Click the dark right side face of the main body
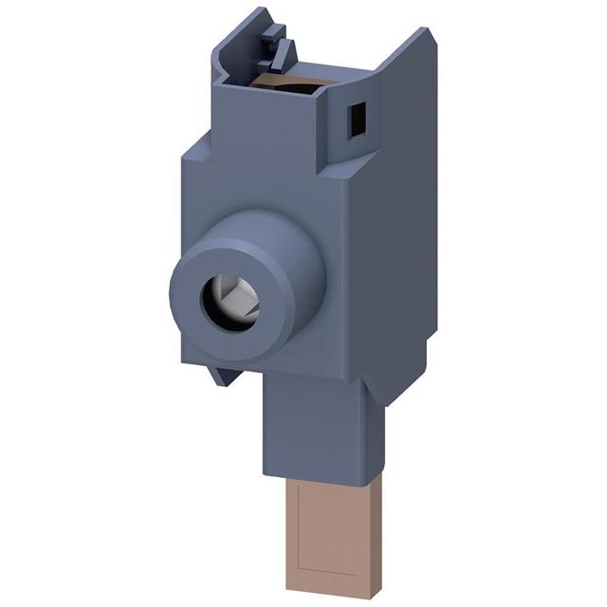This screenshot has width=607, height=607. (x=403, y=247)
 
